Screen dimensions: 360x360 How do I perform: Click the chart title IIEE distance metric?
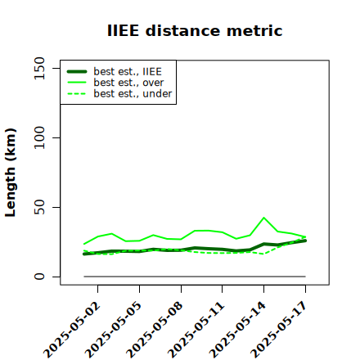click(195, 30)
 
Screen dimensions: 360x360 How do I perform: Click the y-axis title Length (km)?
click(11, 173)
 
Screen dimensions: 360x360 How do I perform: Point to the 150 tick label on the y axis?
click(39, 68)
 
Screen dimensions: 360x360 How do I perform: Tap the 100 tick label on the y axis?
click(39, 137)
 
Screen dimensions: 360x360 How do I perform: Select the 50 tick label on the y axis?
click(39, 207)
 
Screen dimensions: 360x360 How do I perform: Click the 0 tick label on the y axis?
click(39, 277)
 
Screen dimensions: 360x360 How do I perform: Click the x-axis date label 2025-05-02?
click(72, 330)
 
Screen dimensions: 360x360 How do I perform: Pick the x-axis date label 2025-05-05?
click(113, 330)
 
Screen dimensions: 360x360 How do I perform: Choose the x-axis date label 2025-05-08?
click(155, 330)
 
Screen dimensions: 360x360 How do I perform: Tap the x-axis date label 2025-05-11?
click(196, 330)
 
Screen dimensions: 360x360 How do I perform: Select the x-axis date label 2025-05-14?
click(237, 330)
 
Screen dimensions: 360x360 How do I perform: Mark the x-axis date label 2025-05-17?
click(279, 330)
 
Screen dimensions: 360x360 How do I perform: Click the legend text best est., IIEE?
click(128, 72)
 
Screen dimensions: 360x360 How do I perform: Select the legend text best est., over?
click(128, 83)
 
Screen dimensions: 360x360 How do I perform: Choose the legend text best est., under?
click(133, 94)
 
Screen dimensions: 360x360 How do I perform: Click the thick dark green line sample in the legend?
click(77, 71)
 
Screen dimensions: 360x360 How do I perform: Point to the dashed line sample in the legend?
click(77, 94)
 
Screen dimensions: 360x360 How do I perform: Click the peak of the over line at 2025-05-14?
click(263, 218)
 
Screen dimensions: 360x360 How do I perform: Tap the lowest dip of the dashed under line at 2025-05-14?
click(263, 254)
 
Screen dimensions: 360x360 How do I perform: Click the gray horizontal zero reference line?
click(195, 277)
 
